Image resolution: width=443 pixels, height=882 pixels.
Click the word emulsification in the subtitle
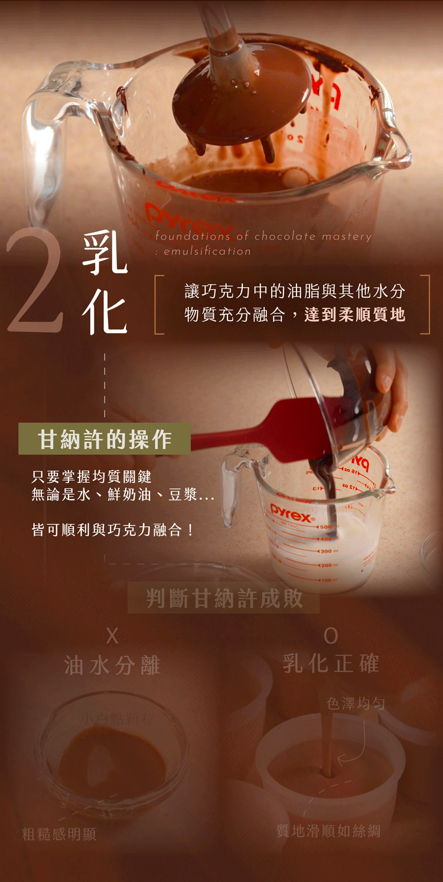(x=207, y=251)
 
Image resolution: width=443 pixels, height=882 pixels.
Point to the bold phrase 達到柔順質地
(x=355, y=314)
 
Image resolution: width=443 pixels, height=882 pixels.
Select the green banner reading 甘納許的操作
(x=105, y=439)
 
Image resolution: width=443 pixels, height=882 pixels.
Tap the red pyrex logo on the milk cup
(x=292, y=512)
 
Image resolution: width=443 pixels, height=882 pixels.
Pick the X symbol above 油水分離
(x=112, y=636)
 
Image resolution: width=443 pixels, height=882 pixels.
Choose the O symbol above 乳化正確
(x=331, y=636)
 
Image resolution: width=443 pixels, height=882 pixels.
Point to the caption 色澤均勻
(x=356, y=704)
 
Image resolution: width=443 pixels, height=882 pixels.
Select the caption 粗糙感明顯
(x=59, y=834)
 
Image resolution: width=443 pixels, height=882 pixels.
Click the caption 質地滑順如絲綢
(x=328, y=831)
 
